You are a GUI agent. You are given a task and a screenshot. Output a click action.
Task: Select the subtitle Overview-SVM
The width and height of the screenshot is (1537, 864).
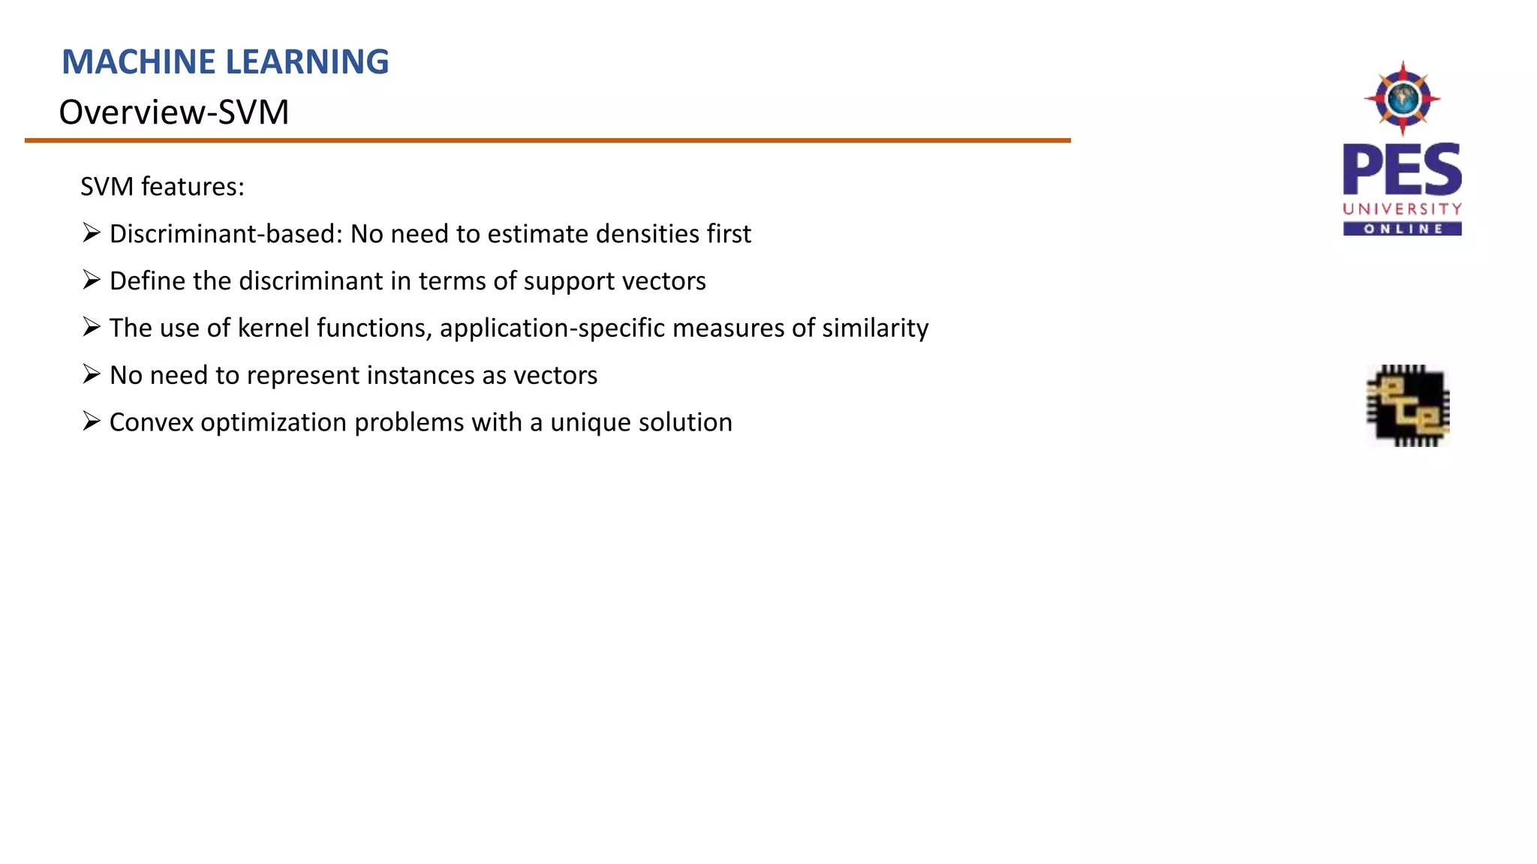click(x=174, y=112)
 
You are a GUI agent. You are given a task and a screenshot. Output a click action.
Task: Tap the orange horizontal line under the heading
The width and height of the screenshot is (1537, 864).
click(x=548, y=140)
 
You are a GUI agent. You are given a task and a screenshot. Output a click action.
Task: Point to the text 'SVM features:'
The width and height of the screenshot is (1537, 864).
click(x=162, y=187)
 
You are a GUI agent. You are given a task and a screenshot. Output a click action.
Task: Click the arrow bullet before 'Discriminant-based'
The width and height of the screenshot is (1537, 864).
click(x=92, y=233)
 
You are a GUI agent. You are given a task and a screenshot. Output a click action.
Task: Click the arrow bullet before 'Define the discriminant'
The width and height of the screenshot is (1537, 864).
click(x=92, y=280)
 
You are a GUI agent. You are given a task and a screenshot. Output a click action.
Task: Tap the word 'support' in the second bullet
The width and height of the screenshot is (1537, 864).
click(x=568, y=281)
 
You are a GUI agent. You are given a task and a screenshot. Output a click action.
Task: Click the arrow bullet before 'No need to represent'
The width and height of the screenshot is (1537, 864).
click(x=92, y=374)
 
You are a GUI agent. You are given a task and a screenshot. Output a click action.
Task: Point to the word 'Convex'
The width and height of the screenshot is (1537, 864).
click(x=152, y=422)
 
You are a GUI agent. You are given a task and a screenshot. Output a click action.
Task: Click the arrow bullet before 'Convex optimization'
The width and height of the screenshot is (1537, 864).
click(x=92, y=421)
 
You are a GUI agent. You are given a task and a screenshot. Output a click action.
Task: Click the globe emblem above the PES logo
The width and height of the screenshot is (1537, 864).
click(x=1402, y=98)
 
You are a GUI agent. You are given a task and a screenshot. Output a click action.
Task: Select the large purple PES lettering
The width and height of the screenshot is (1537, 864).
click(x=1402, y=170)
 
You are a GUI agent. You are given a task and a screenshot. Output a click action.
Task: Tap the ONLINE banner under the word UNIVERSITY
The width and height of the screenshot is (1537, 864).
click(x=1402, y=229)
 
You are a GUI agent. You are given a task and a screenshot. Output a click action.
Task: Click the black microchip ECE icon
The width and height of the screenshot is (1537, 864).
click(x=1407, y=406)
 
